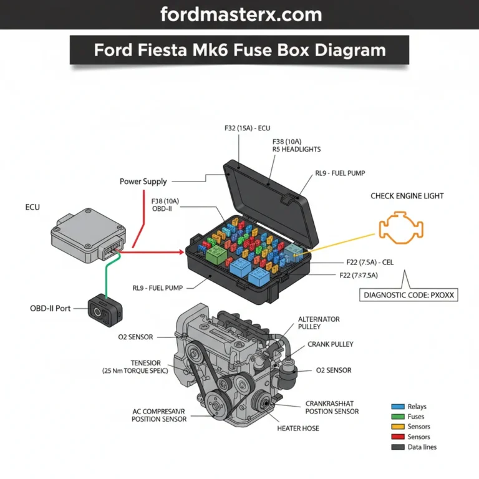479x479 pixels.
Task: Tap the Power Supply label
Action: pos(143,181)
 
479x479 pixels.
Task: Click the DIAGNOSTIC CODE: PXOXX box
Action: pos(409,295)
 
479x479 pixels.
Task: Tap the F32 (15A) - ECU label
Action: pos(251,128)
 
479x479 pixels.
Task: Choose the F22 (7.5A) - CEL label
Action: pos(370,263)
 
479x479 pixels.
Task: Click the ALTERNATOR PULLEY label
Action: pos(319,323)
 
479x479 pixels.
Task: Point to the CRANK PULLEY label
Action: pos(331,344)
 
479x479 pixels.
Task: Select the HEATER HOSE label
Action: pos(298,428)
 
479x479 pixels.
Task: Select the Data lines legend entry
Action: pos(421,447)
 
